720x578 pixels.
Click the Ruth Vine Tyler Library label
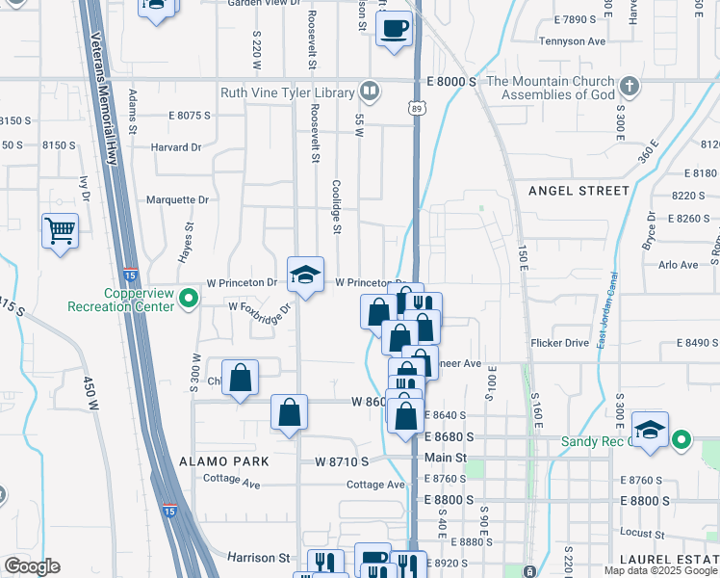pos(288,92)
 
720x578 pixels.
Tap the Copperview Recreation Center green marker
pos(190,301)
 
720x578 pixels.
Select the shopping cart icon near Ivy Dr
pos(60,231)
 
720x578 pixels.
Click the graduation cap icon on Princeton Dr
pos(305,275)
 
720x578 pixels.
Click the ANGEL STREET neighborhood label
pos(579,191)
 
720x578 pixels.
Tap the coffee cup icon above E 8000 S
pos(394,28)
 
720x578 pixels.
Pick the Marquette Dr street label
pos(177,199)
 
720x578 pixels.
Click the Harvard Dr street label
pos(175,147)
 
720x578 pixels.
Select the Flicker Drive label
pos(558,343)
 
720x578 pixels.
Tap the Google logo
pos(32,566)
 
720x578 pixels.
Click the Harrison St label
pos(259,557)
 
